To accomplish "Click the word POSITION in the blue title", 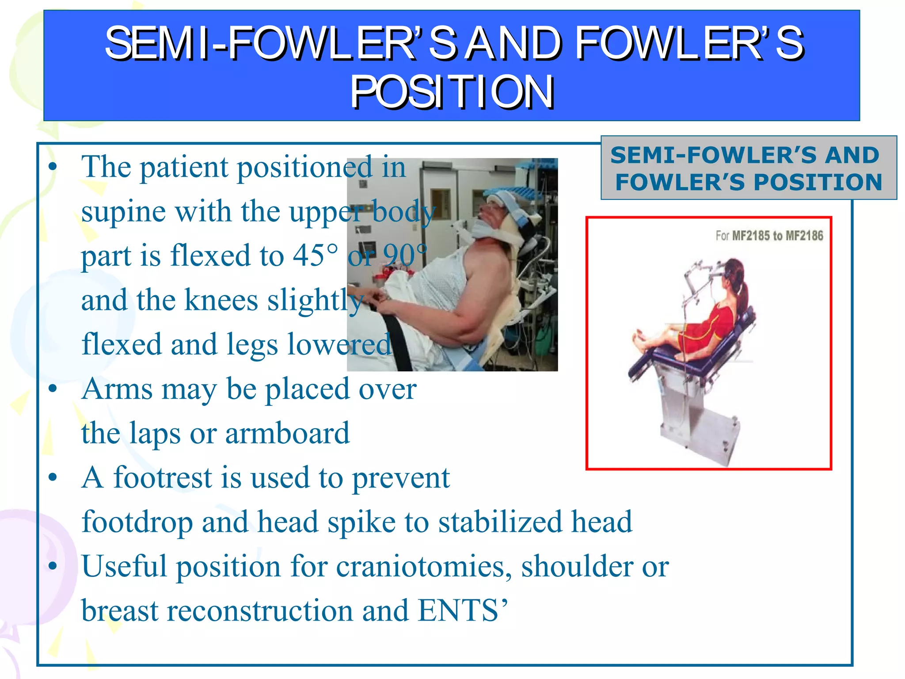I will coord(452,92).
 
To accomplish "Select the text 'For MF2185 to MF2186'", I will coord(769,236).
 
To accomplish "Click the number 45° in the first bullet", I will coord(316,256).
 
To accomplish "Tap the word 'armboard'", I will coord(287,433).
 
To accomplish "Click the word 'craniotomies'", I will coord(423,567).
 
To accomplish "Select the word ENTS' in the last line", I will coord(462,611).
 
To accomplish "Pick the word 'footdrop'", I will coord(137,522).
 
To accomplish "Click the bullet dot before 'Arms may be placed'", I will coord(53,389).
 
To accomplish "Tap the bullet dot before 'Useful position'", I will coord(53,566).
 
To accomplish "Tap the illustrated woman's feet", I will coord(641,338).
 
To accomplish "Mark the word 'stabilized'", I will coord(500,522).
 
